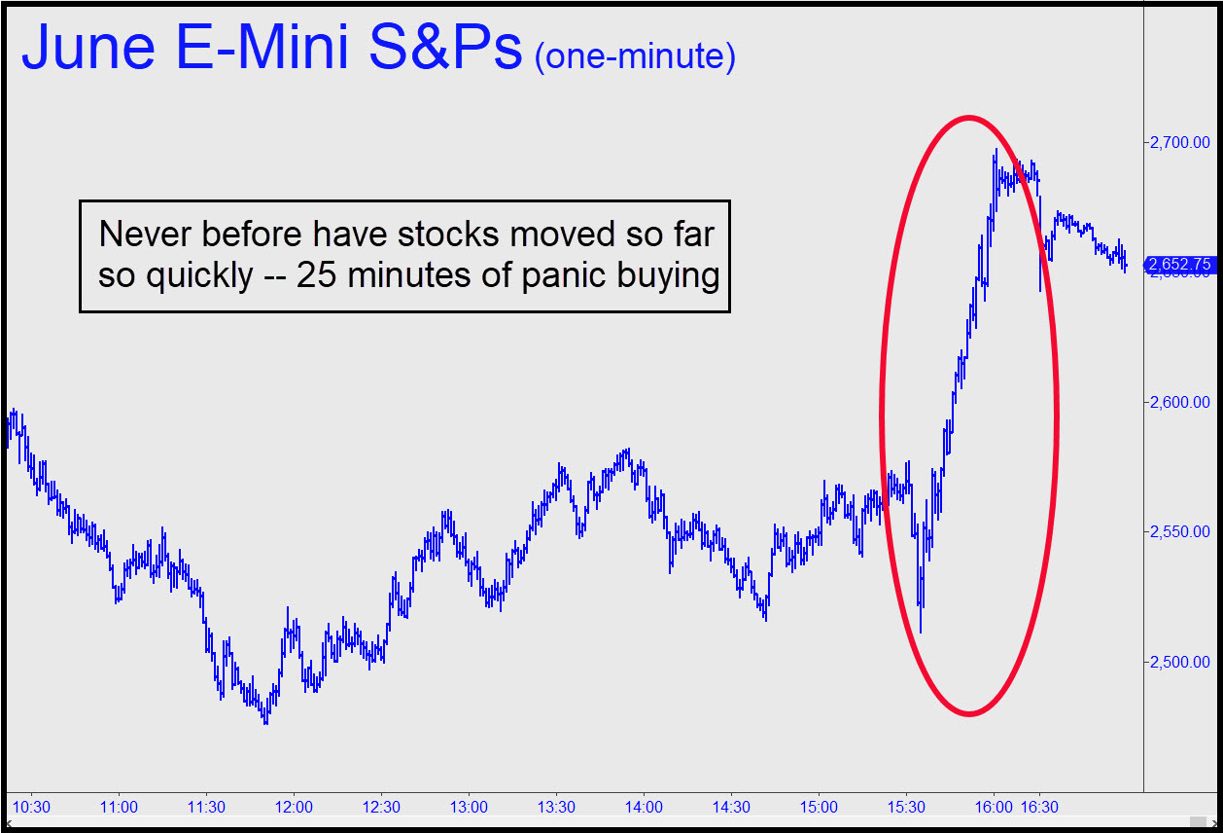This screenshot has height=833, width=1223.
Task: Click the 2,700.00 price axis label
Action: pyautogui.click(x=1180, y=142)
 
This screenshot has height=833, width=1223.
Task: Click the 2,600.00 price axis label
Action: pyautogui.click(x=1180, y=402)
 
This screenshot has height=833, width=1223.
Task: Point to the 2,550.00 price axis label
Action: pyautogui.click(x=1180, y=532)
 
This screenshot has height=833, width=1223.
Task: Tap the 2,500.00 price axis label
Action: pyautogui.click(x=1180, y=662)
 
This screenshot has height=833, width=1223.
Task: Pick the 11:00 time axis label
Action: pyautogui.click(x=119, y=807)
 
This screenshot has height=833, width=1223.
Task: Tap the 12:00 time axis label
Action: pyautogui.click(x=294, y=807)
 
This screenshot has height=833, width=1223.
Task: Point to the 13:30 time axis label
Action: pyautogui.click(x=556, y=807)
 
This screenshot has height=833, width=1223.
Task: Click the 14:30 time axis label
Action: pyautogui.click(x=731, y=807)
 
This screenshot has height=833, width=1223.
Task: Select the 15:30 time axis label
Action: pyautogui.click(x=906, y=807)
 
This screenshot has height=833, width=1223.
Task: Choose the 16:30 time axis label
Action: pyautogui.click(x=1040, y=807)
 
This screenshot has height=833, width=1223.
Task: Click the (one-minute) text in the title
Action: pyautogui.click(x=634, y=56)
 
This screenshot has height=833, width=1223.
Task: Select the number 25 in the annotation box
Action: pyautogui.click(x=317, y=276)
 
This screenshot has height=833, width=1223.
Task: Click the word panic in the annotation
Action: pyautogui.click(x=587, y=276)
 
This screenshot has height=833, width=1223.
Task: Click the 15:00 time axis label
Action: pyautogui.click(x=819, y=807)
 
